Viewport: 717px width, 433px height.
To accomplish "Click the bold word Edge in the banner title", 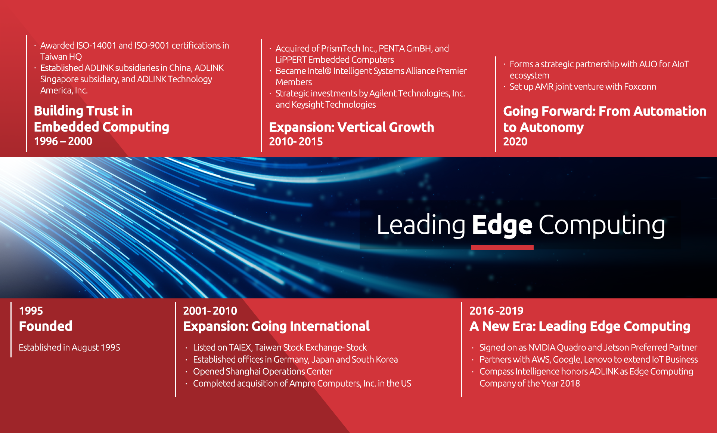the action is (x=502, y=225).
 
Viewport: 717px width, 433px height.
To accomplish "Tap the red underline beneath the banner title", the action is (x=502, y=247).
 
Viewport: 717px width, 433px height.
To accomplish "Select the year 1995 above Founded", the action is (x=31, y=311).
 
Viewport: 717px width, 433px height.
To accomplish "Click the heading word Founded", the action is (x=46, y=326).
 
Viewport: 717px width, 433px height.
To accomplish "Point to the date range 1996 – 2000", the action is (x=63, y=141).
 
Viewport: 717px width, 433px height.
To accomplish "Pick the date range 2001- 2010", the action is (x=210, y=311).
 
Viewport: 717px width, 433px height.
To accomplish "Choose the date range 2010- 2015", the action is (x=296, y=142).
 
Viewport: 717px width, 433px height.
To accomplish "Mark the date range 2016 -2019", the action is (x=496, y=311).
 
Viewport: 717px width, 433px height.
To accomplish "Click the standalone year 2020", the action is (x=515, y=142).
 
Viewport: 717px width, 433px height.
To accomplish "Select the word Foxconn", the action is (x=640, y=87).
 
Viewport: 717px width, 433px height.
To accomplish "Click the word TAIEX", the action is (x=240, y=347).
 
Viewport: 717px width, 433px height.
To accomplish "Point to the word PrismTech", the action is (x=341, y=49).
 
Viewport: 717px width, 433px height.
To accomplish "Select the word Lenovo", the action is (x=598, y=359).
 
